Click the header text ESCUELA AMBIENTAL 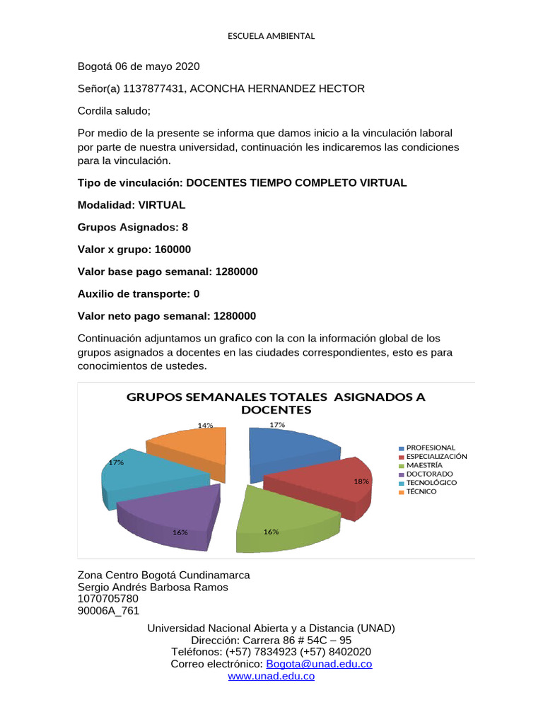[x=271, y=36]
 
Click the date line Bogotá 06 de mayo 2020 [x=138, y=66]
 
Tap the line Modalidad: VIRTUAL [x=131, y=205]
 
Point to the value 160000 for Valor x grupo [x=168, y=250]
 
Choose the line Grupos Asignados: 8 [x=132, y=227]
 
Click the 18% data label [x=361, y=481]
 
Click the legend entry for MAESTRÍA [x=424, y=465]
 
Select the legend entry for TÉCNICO [x=421, y=491]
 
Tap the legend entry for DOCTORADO [x=429, y=474]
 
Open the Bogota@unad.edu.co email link [x=318, y=664]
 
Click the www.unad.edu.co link [x=271, y=677]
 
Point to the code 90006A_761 [x=108, y=612]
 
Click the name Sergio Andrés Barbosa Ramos [x=152, y=588]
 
